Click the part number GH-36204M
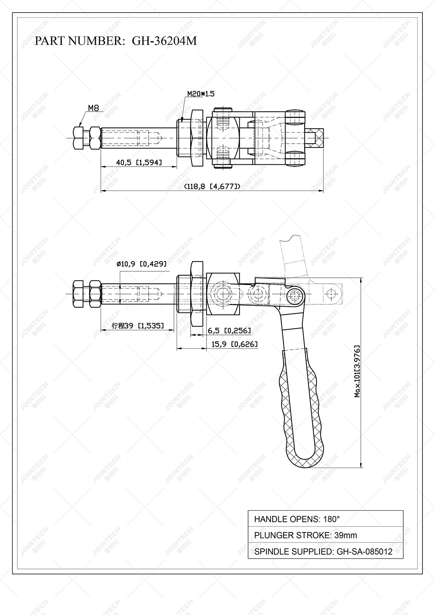click(164, 41)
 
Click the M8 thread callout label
click(93, 108)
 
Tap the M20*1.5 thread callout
click(201, 94)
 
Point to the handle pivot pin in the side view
click(294, 294)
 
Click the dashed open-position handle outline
click(294, 258)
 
